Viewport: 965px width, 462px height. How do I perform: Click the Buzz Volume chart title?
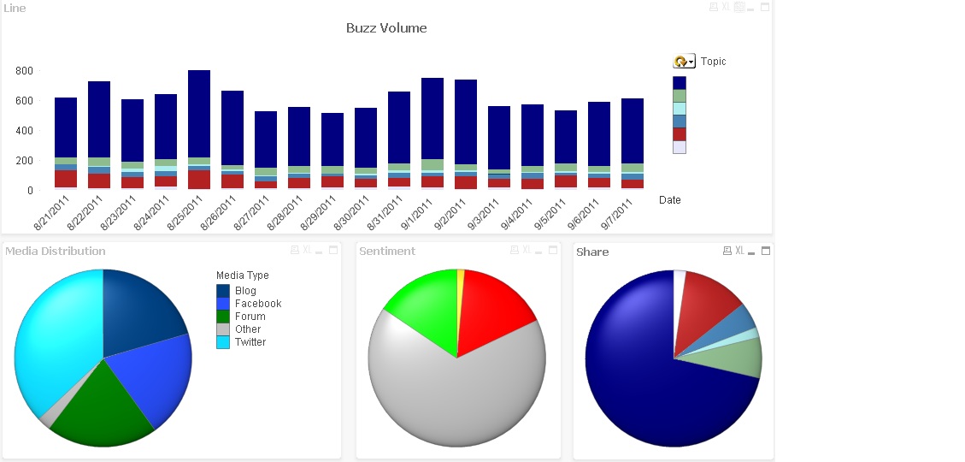pos(386,28)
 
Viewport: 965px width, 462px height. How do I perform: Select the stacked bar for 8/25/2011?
pos(199,120)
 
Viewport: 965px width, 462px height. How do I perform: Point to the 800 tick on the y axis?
pos(24,71)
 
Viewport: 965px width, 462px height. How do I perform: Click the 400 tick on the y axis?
pos(24,131)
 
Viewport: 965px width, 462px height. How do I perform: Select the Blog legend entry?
pos(245,291)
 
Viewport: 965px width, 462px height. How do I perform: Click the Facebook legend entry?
pos(257,304)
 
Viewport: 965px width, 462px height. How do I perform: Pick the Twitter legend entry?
pos(250,342)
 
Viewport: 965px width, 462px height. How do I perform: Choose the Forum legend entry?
pos(250,317)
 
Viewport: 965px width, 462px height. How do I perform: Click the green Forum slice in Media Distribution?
pos(103,406)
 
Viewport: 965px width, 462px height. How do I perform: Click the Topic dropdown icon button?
pos(684,62)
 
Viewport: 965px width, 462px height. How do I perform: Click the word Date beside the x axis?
pos(670,200)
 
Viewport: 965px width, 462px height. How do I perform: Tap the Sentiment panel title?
pos(387,252)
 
